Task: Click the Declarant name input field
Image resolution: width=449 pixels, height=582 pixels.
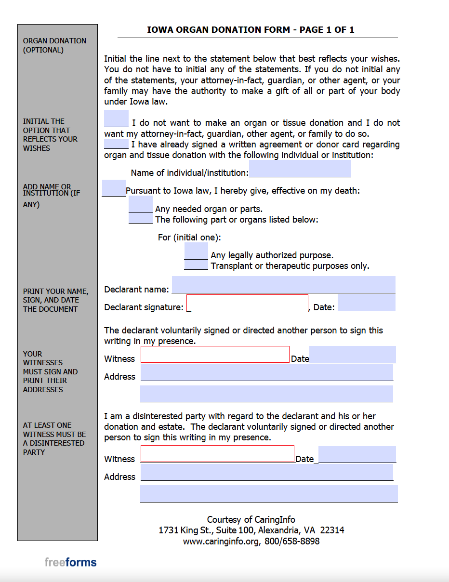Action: (x=283, y=285)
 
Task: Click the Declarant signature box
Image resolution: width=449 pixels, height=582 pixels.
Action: (x=247, y=303)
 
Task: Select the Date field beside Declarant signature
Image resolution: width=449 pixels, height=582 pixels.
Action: (x=366, y=303)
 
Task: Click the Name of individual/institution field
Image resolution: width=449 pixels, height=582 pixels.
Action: (x=300, y=169)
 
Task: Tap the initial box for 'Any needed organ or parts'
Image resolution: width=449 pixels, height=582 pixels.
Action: (x=141, y=204)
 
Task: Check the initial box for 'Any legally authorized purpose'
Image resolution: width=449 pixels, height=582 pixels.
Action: (x=196, y=251)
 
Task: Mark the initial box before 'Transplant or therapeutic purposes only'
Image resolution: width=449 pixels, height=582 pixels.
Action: (x=196, y=265)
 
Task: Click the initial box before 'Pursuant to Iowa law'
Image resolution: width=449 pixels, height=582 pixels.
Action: (x=114, y=188)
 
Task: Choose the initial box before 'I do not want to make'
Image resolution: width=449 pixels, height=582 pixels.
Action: (x=116, y=119)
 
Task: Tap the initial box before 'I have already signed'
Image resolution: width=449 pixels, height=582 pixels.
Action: (x=116, y=144)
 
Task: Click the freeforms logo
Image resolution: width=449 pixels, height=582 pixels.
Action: (x=70, y=562)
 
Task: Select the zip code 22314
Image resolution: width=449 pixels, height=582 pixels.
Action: (x=332, y=530)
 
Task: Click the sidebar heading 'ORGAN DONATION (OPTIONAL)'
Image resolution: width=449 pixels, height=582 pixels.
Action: (x=54, y=45)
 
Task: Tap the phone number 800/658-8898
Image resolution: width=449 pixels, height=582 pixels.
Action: (x=292, y=541)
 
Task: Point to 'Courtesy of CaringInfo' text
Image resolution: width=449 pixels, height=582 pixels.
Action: (x=251, y=519)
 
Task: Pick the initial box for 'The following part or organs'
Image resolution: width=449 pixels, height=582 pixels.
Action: (x=141, y=219)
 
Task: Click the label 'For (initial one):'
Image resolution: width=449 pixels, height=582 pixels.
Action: (x=189, y=238)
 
